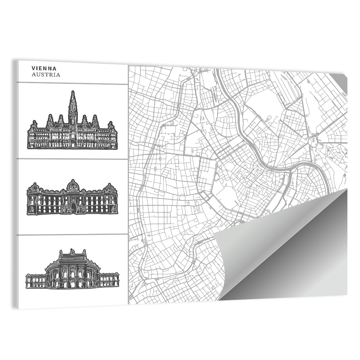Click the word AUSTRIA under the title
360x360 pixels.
point(46,75)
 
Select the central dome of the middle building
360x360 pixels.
point(72,185)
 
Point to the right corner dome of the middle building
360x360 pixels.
point(109,188)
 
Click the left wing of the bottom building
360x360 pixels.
point(35,279)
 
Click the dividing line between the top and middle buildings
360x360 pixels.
point(72,159)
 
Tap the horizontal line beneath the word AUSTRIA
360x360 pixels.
point(72,84)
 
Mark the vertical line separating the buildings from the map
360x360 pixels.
point(128,187)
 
